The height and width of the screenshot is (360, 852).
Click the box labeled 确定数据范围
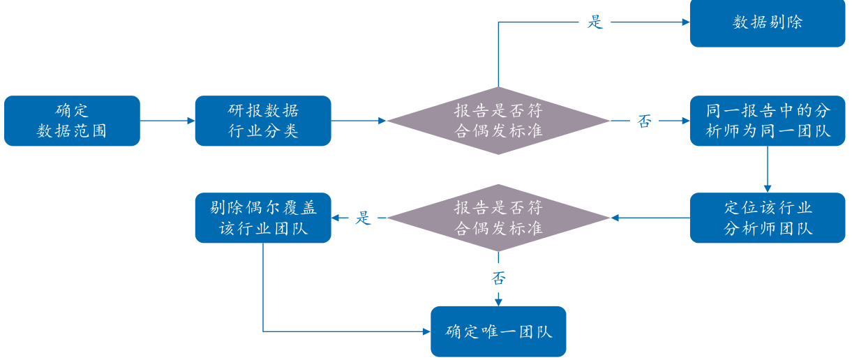[72, 121]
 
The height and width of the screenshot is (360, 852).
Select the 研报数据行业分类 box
[263, 121]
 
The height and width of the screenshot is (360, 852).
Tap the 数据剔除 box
[767, 22]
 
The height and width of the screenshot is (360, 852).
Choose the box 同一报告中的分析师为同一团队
[767, 121]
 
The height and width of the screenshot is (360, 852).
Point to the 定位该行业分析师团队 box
[767, 218]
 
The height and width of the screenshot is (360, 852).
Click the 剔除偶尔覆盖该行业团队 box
[263, 218]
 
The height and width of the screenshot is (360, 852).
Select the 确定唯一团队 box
[498, 331]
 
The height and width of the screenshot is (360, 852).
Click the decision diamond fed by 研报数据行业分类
[498, 121]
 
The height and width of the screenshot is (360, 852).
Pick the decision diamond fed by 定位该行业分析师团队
[498, 218]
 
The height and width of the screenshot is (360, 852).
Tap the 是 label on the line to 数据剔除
[595, 22]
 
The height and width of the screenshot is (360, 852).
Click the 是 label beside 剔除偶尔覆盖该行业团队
[364, 218]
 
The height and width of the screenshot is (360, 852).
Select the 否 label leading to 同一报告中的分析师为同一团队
[644, 121]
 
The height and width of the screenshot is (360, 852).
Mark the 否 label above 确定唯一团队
[498, 278]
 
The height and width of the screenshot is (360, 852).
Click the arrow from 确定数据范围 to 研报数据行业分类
[167, 121]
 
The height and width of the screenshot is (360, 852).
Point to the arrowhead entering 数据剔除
[685, 22]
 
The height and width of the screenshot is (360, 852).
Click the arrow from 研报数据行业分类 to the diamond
[359, 121]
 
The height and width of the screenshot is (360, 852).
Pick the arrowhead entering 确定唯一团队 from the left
[426, 331]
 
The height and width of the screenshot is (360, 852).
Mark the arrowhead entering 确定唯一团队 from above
[498, 301]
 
